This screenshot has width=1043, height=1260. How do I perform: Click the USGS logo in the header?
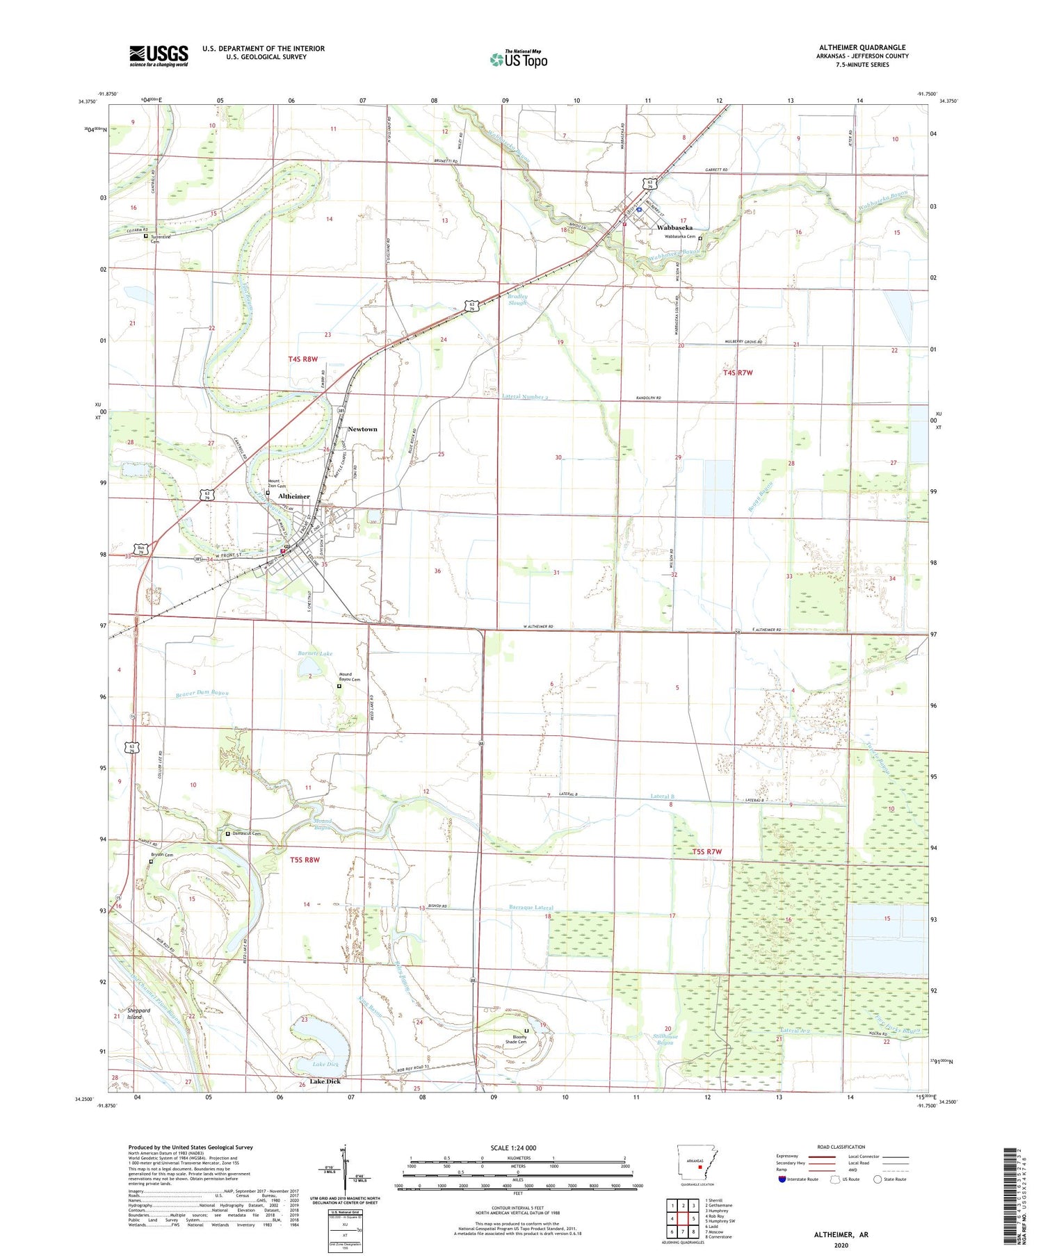tap(159, 56)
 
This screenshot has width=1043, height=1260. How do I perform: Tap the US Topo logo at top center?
tap(518, 59)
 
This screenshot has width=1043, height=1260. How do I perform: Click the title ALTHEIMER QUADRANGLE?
tap(862, 48)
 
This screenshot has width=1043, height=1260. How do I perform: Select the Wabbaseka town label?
tap(674, 227)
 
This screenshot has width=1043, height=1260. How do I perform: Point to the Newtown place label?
tap(362, 429)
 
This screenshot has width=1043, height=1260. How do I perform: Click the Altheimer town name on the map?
tap(294, 496)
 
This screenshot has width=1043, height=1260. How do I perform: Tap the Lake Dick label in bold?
tap(325, 1081)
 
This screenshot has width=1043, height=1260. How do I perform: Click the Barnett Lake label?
tap(315, 653)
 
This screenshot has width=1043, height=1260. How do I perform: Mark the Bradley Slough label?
tap(517, 300)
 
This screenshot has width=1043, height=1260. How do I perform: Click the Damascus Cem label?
tap(247, 833)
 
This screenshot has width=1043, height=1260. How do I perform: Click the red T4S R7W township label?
tap(738, 373)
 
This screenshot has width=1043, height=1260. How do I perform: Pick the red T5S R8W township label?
tap(305, 860)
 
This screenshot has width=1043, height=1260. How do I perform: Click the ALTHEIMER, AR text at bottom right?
tap(841, 1234)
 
